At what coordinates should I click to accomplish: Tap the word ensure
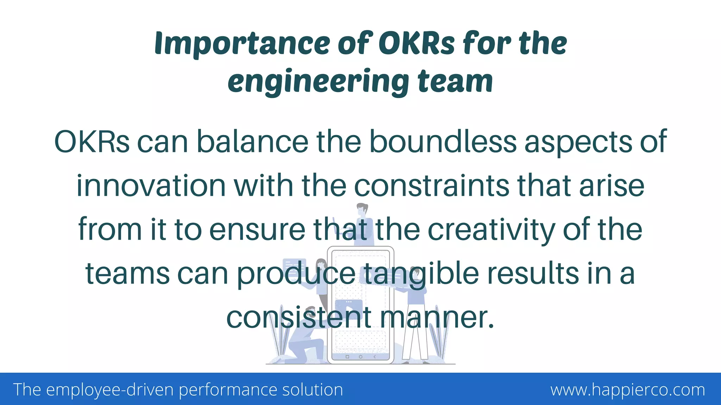(257, 230)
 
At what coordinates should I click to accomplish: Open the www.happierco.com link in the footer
(628, 390)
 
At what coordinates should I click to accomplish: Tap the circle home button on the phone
(360, 357)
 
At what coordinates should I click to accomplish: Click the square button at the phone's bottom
(347, 357)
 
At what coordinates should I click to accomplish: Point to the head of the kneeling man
(310, 311)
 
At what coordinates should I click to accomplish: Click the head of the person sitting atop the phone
(362, 210)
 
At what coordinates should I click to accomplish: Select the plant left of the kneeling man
(277, 334)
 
